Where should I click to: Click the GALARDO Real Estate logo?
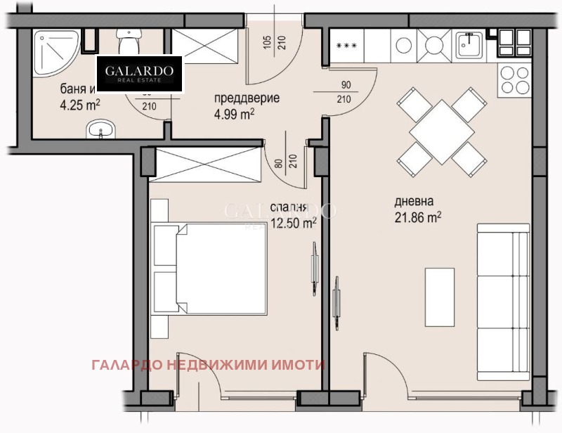coord(139,74)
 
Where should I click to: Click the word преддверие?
coord(247,98)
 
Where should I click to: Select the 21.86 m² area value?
coord(418,218)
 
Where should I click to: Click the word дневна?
coord(414,201)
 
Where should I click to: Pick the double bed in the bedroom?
coord(211,271)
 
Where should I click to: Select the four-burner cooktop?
coord(515,79)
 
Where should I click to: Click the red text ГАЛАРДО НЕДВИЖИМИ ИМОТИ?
coord(208,365)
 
